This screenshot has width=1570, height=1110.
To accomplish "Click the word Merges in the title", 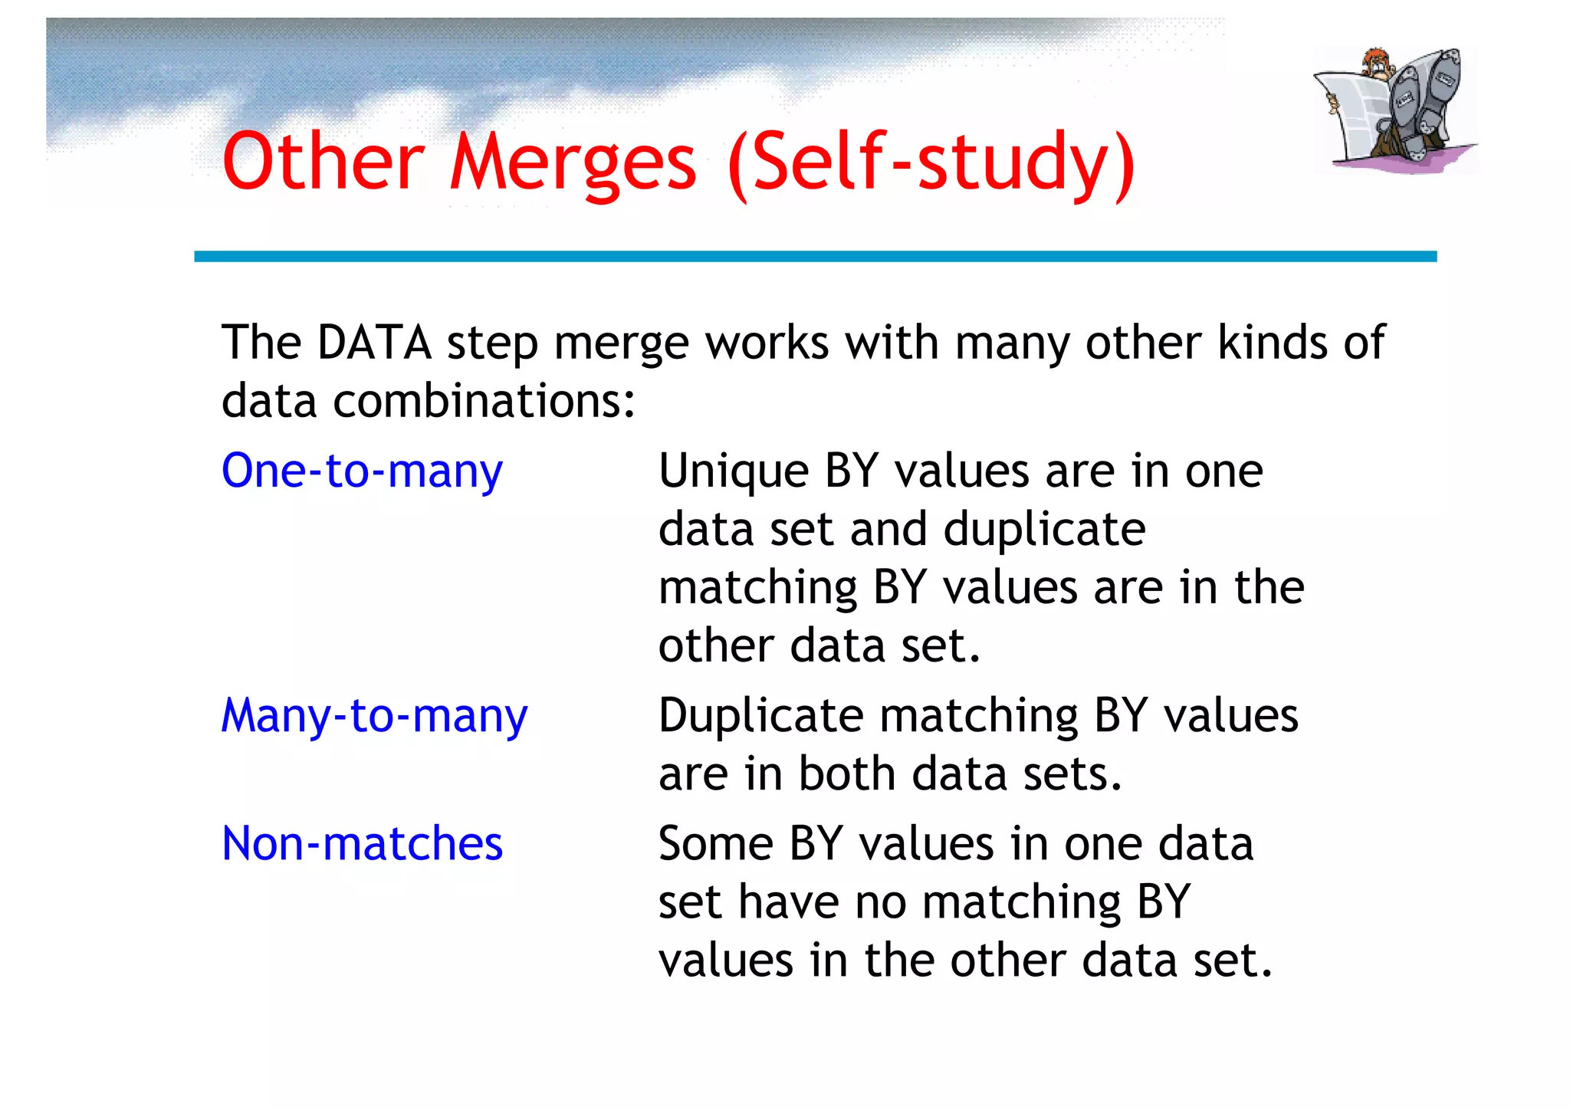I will (573, 163).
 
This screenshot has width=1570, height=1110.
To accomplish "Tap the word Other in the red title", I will (323, 163).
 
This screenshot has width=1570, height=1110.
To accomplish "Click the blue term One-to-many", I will (362, 471).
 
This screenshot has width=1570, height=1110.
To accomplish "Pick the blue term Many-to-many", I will (374, 716).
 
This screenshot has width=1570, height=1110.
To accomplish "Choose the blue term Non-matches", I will (362, 844).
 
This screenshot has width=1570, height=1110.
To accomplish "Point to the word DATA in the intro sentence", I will (374, 343).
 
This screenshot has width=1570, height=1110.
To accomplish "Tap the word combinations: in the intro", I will (484, 401).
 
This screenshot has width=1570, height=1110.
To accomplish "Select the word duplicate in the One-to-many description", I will (1044, 529).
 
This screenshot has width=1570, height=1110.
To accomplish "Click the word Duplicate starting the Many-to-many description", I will (761, 716).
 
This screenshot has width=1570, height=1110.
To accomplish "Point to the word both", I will (847, 774).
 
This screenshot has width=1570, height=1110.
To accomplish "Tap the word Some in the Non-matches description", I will (715, 844).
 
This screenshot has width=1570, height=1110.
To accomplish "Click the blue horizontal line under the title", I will (815, 257).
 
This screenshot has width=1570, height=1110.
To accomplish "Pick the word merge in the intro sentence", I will (621, 344).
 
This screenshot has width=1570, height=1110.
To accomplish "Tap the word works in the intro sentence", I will (767, 343).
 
